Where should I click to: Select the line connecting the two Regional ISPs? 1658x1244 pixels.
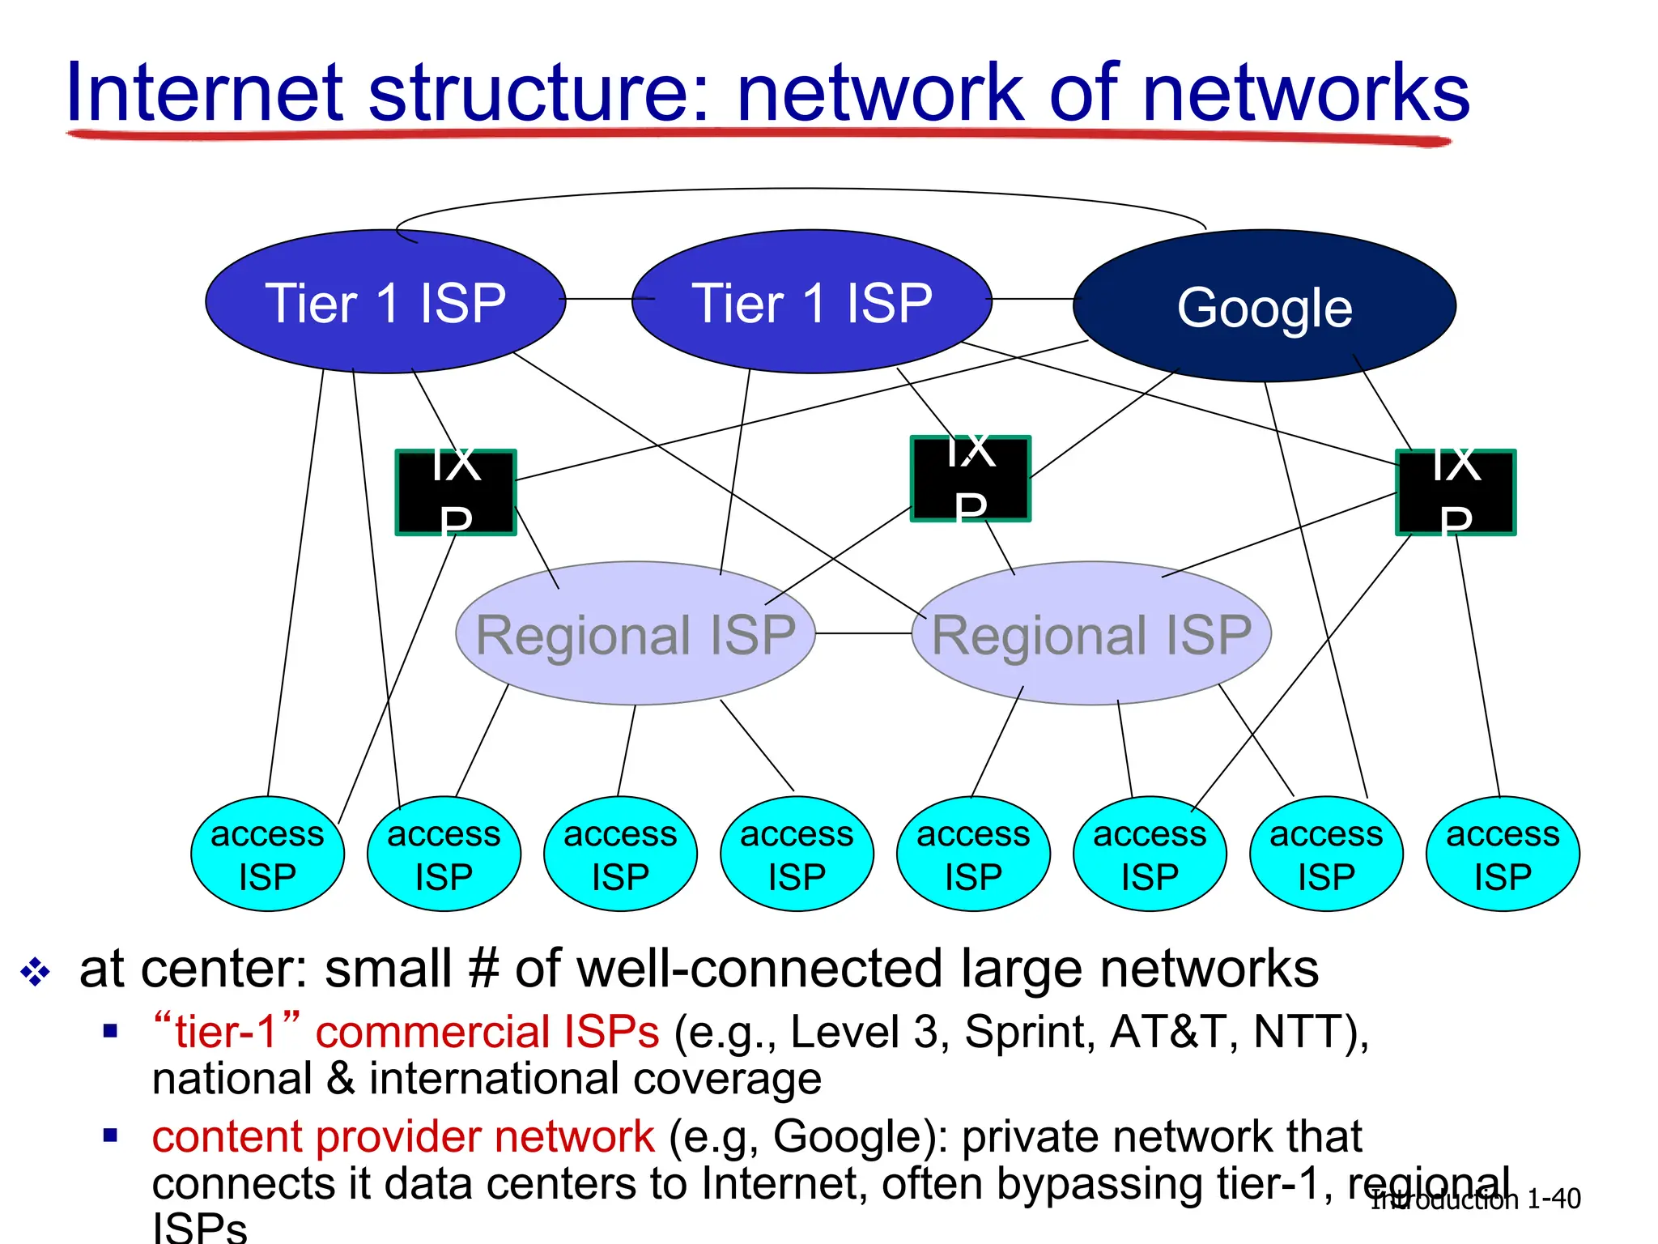coord(863,633)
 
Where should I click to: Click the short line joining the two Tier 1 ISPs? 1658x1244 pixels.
coord(599,299)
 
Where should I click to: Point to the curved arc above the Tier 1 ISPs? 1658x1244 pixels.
coord(801,190)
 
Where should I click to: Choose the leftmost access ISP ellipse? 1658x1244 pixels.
coord(267,854)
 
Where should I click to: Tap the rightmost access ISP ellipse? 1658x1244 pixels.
coord(1503,854)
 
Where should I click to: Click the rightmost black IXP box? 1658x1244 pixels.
coord(1456,492)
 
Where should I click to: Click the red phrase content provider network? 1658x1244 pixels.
coord(402,1136)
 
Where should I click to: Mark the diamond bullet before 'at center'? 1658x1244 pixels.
coord(36,971)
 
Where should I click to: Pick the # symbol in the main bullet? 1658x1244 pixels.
coord(483,969)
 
